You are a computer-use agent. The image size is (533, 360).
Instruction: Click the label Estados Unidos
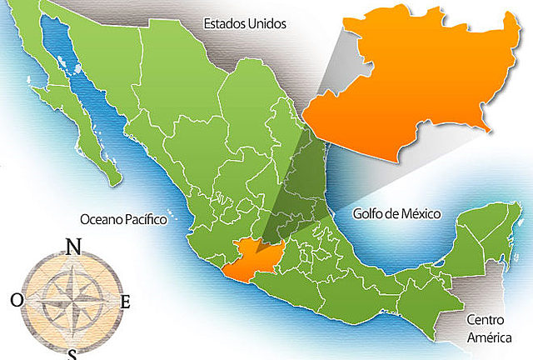(x=245, y=24)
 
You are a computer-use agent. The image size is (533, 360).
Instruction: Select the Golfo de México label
(x=396, y=213)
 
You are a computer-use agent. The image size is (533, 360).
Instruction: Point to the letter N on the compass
(x=73, y=247)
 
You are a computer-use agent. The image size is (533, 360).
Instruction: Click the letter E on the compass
(x=125, y=302)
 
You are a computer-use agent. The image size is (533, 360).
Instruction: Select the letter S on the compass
(x=72, y=353)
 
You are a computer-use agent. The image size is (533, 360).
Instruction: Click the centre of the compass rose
(x=72, y=298)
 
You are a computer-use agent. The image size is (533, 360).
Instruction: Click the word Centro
(x=485, y=319)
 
